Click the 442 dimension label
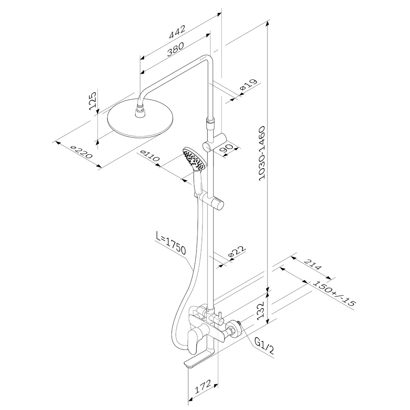click(177, 32)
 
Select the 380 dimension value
click(175, 49)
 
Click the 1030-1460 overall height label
click(261, 153)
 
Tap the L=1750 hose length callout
click(171, 243)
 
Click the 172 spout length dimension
click(203, 387)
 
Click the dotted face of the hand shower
click(194, 159)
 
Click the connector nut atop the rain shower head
click(141, 112)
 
